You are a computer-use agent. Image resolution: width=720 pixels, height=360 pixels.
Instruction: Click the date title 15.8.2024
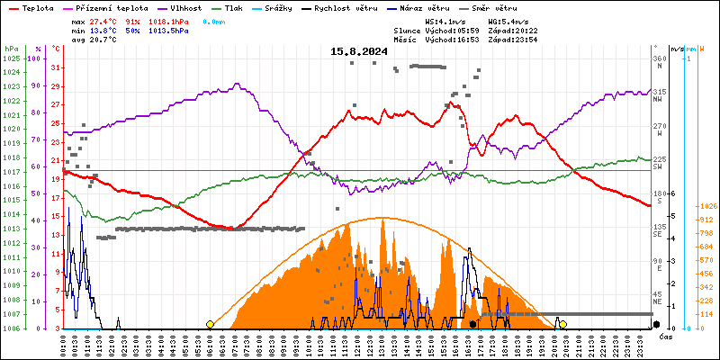[358, 52]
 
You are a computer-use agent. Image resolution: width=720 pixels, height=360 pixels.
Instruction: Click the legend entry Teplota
[37, 7]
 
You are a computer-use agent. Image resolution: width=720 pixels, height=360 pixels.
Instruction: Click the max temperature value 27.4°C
[104, 20]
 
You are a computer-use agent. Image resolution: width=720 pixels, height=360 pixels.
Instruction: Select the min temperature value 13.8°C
[104, 30]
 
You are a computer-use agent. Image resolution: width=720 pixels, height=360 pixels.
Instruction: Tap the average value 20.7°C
[104, 40]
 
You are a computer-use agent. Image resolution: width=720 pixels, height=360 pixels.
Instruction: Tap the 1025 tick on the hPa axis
[11, 58]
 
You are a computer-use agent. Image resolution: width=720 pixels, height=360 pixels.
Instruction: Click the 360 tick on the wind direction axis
[660, 58]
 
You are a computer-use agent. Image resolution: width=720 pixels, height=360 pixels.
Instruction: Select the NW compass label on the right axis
[660, 100]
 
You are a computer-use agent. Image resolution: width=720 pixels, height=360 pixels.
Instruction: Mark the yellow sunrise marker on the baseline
[210, 324]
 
